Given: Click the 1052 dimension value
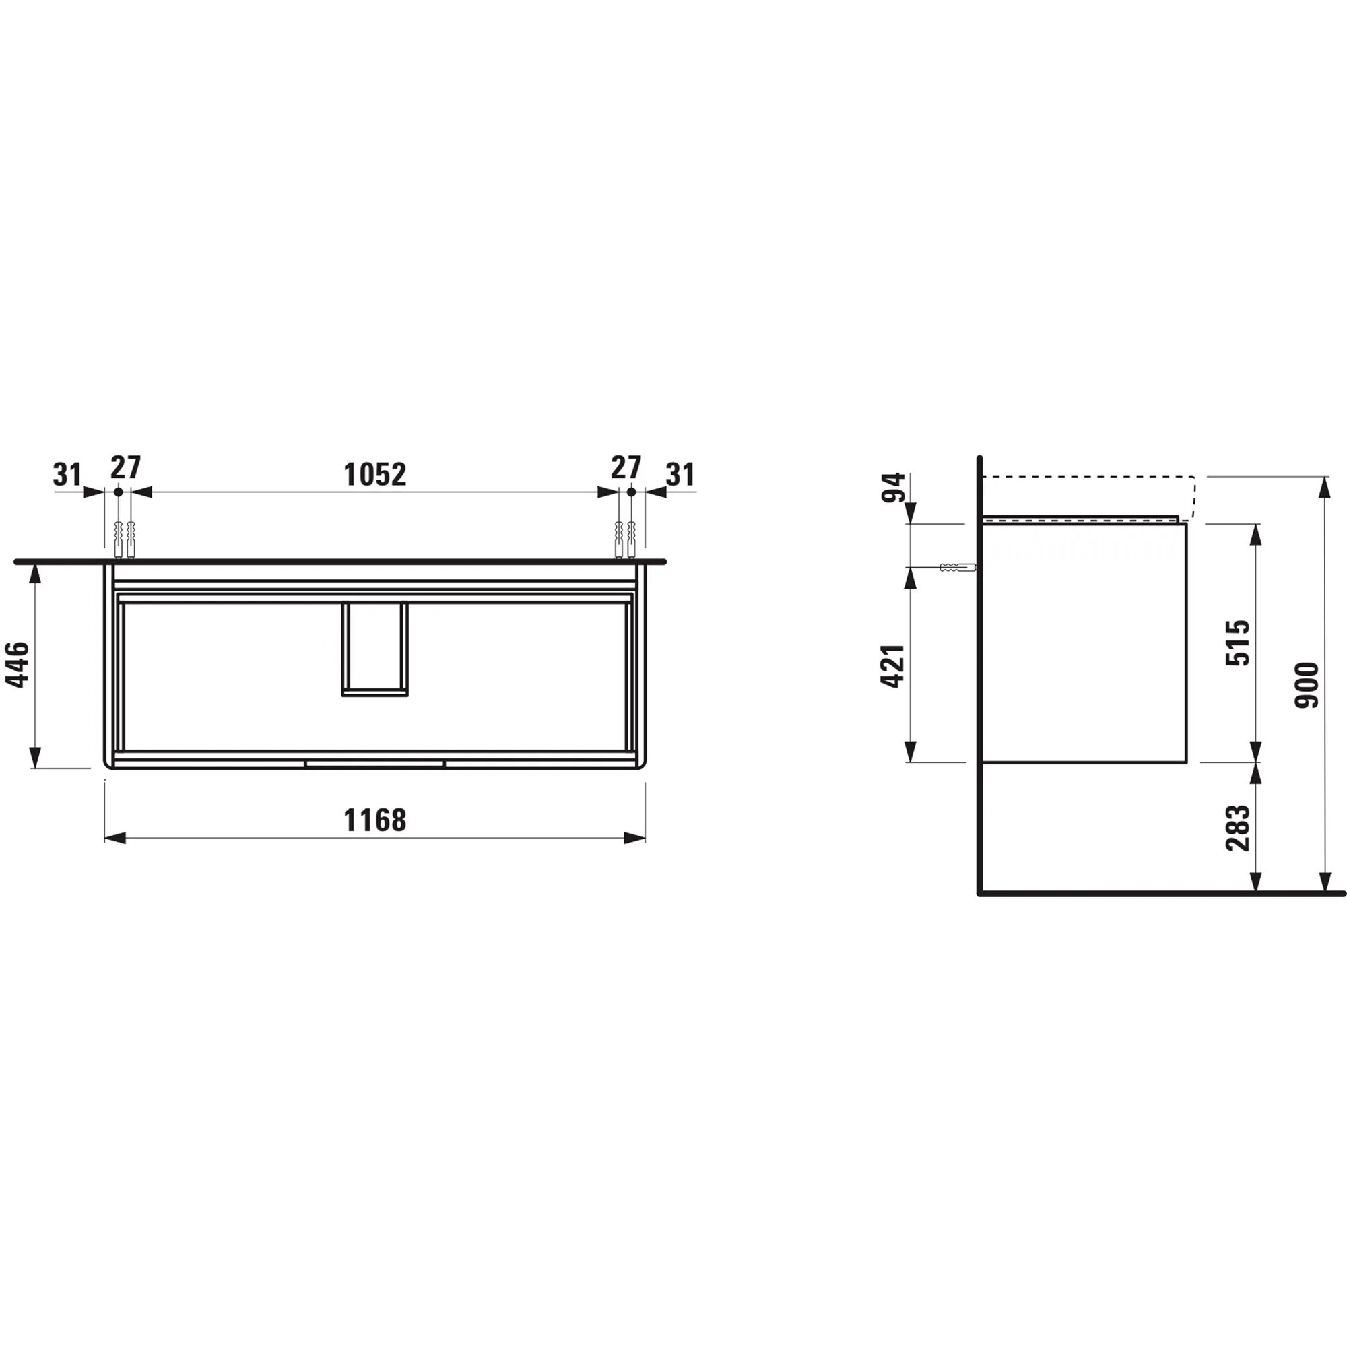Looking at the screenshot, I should pos(374,475).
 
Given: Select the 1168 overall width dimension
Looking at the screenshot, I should pos(374,820).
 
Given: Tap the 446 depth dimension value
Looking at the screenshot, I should pos(18,665).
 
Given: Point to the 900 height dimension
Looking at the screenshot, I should pos(1307,686).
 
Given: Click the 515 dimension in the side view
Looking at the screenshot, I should pos(1239,642).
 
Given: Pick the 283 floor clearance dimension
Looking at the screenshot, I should pos(1239,828).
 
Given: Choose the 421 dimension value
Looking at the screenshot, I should pos(893,667).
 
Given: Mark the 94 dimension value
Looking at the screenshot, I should pos(893,488).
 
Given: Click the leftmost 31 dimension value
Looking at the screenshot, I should pos(67,475).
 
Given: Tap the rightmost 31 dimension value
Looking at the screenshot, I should pos(680,475).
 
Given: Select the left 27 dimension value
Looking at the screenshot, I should pos(125,467).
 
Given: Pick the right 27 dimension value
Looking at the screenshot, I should pos(626,467).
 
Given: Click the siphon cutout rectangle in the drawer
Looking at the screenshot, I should pos(374,649).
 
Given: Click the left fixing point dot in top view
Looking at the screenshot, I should pos(119,492).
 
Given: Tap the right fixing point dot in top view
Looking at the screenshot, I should pos(631,492).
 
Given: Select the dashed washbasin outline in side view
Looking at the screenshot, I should pos(1088,478).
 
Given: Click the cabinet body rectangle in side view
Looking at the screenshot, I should pos(1084,642).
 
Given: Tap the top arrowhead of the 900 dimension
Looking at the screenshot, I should pos(1323,488).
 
